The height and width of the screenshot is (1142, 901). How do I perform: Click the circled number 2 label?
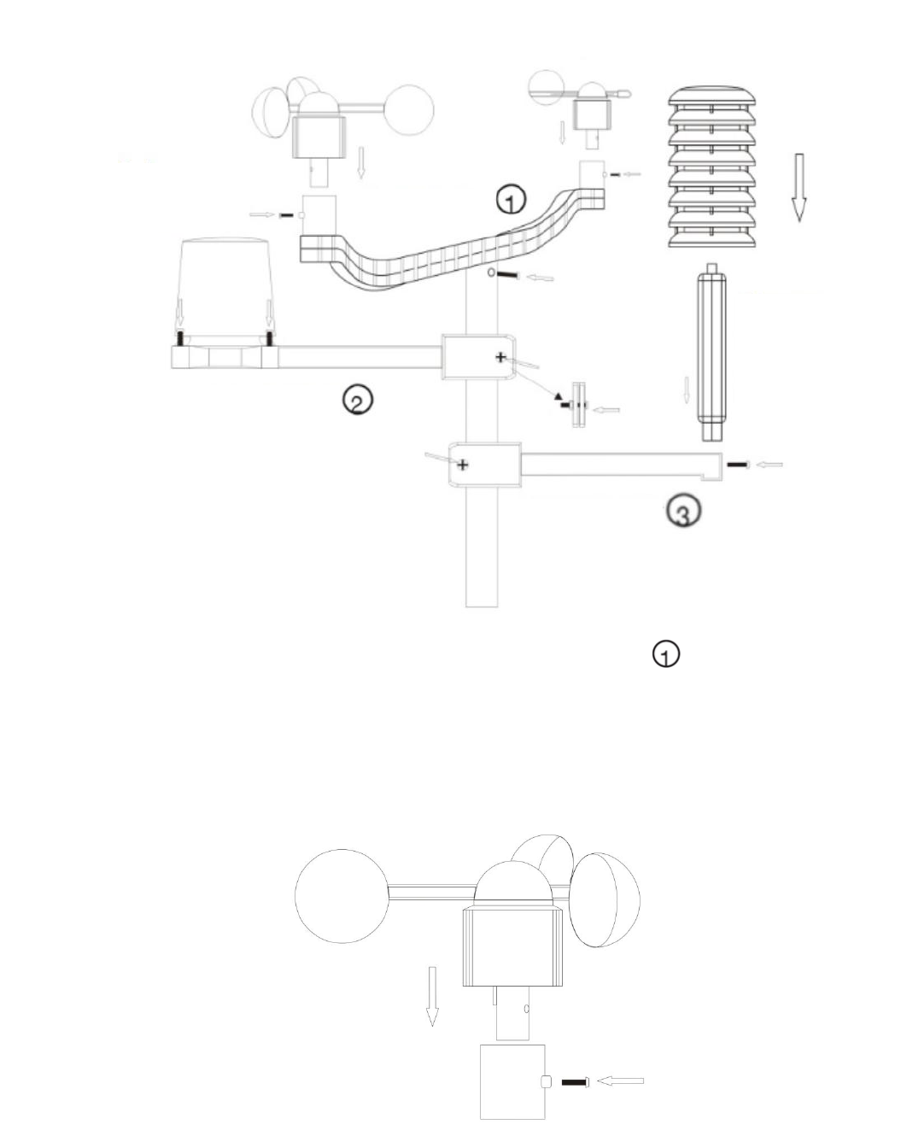[x=357, y=400]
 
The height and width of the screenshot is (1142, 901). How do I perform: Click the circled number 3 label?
[x=684, y=511]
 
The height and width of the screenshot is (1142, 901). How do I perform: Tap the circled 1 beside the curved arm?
[x=511, y=201]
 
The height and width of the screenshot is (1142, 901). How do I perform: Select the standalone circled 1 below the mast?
[x=666, y=653]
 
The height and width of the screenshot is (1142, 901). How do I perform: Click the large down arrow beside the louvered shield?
[x=799, y=188]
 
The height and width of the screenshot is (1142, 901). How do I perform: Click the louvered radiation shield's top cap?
[x=711, y=95]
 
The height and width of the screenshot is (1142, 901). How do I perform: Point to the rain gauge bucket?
[x=226, y=290]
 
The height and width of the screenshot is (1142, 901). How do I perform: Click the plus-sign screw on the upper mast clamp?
[x=501, y=358]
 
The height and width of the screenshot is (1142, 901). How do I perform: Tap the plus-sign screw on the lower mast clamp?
[x=463, y=465]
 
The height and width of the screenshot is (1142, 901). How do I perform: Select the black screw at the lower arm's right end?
[x=738, y=465]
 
